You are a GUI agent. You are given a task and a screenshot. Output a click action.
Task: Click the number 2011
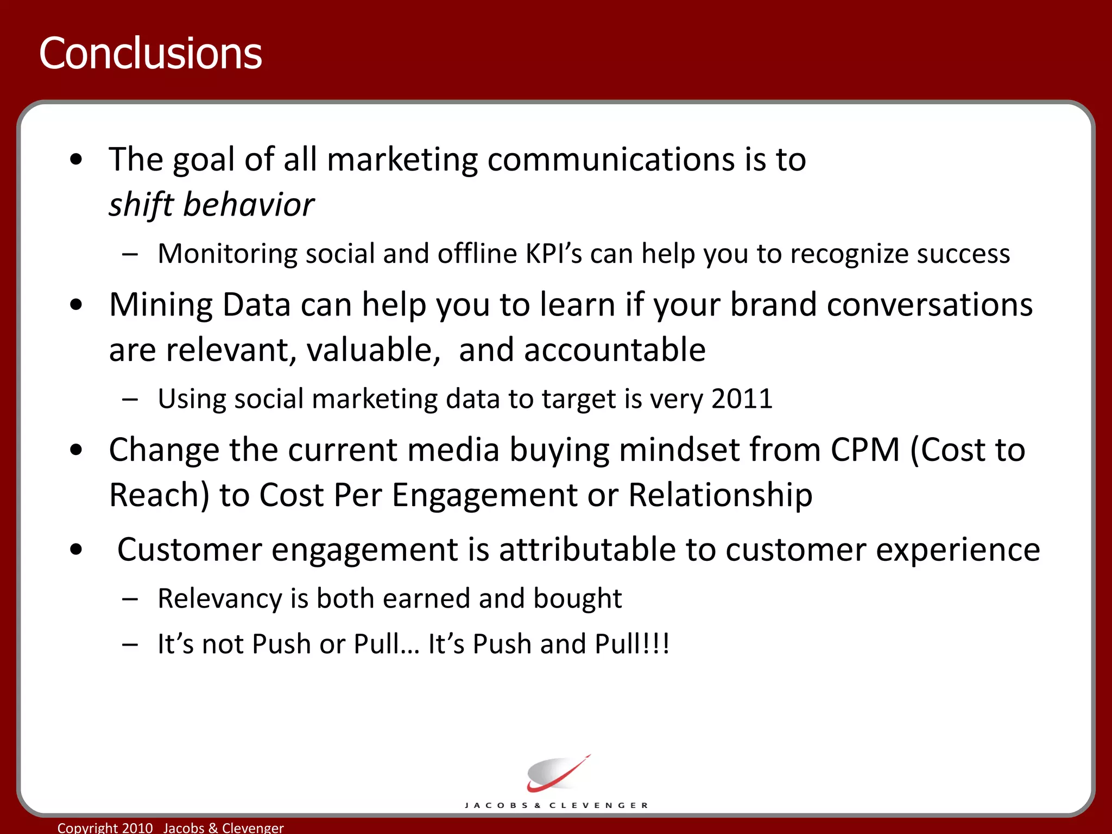click(x=742, y=399)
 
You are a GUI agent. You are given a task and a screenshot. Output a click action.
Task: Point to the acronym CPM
click(x=865, y=450)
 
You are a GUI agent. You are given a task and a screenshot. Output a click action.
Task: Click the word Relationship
click(x=720, y=495)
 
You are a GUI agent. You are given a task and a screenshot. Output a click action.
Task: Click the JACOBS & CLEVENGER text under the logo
click(x=557, y=805)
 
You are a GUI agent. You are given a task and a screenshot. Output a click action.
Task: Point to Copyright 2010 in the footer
click(x=105, y=827)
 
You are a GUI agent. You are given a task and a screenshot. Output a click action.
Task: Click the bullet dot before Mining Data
click(x=77, y=305)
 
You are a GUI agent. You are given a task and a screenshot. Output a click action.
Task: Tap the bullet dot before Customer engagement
click(x=77, y=549)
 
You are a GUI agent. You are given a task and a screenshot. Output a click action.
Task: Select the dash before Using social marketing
click(x=130, y=400)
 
